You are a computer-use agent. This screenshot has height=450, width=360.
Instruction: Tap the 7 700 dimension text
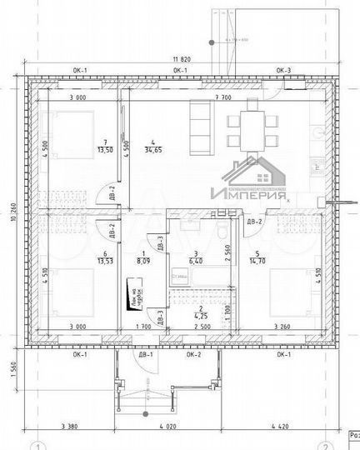coord(222,97)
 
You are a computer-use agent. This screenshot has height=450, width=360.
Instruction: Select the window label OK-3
coord(283,71)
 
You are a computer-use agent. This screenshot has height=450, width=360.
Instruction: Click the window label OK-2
coord(194,355)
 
